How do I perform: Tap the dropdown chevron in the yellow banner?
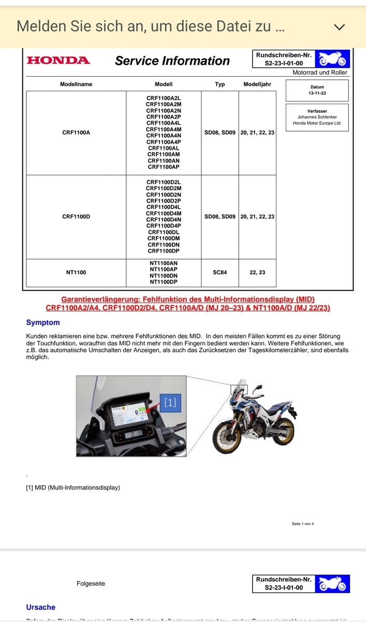pyautogui.click(x=340, y=27)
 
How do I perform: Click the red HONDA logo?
pyautogui.click(x=58, y=60)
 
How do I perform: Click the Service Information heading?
pyautogui.click(x=172, y=61)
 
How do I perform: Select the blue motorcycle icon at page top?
pyautogui.click(x=332, y=59)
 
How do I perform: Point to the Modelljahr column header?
pyautogui.click(x=257, y=84)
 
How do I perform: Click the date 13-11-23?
pyautogui.click(x=317, y=94)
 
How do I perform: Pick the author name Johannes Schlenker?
pyautogui.click(x=317, y=117)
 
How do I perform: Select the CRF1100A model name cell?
pyautogui.click(x=76, y=133)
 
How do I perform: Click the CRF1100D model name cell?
pyautogui.click(x=76, y=216)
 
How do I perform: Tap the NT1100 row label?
pyautogui.click(x=76, y=273)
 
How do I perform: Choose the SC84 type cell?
pyautogui.click(x=219, y=273)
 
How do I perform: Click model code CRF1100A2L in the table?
pyautogui.click(x=164, y=98)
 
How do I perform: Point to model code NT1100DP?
pyautogui.click(x=164, y=282)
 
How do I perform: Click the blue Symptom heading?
pyautogui.click(x=43, y=322)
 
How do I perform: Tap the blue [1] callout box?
pyautogui.click(x=170, y=402)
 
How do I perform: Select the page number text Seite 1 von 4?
pyautogui.click(x=303, y=524)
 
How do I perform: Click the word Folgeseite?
pyautogui.click(x=91, y=584)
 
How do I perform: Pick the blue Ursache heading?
pyautogui.click(x=40, y=607)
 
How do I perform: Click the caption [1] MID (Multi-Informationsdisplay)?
pyautogui.click(x=73, y=487)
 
